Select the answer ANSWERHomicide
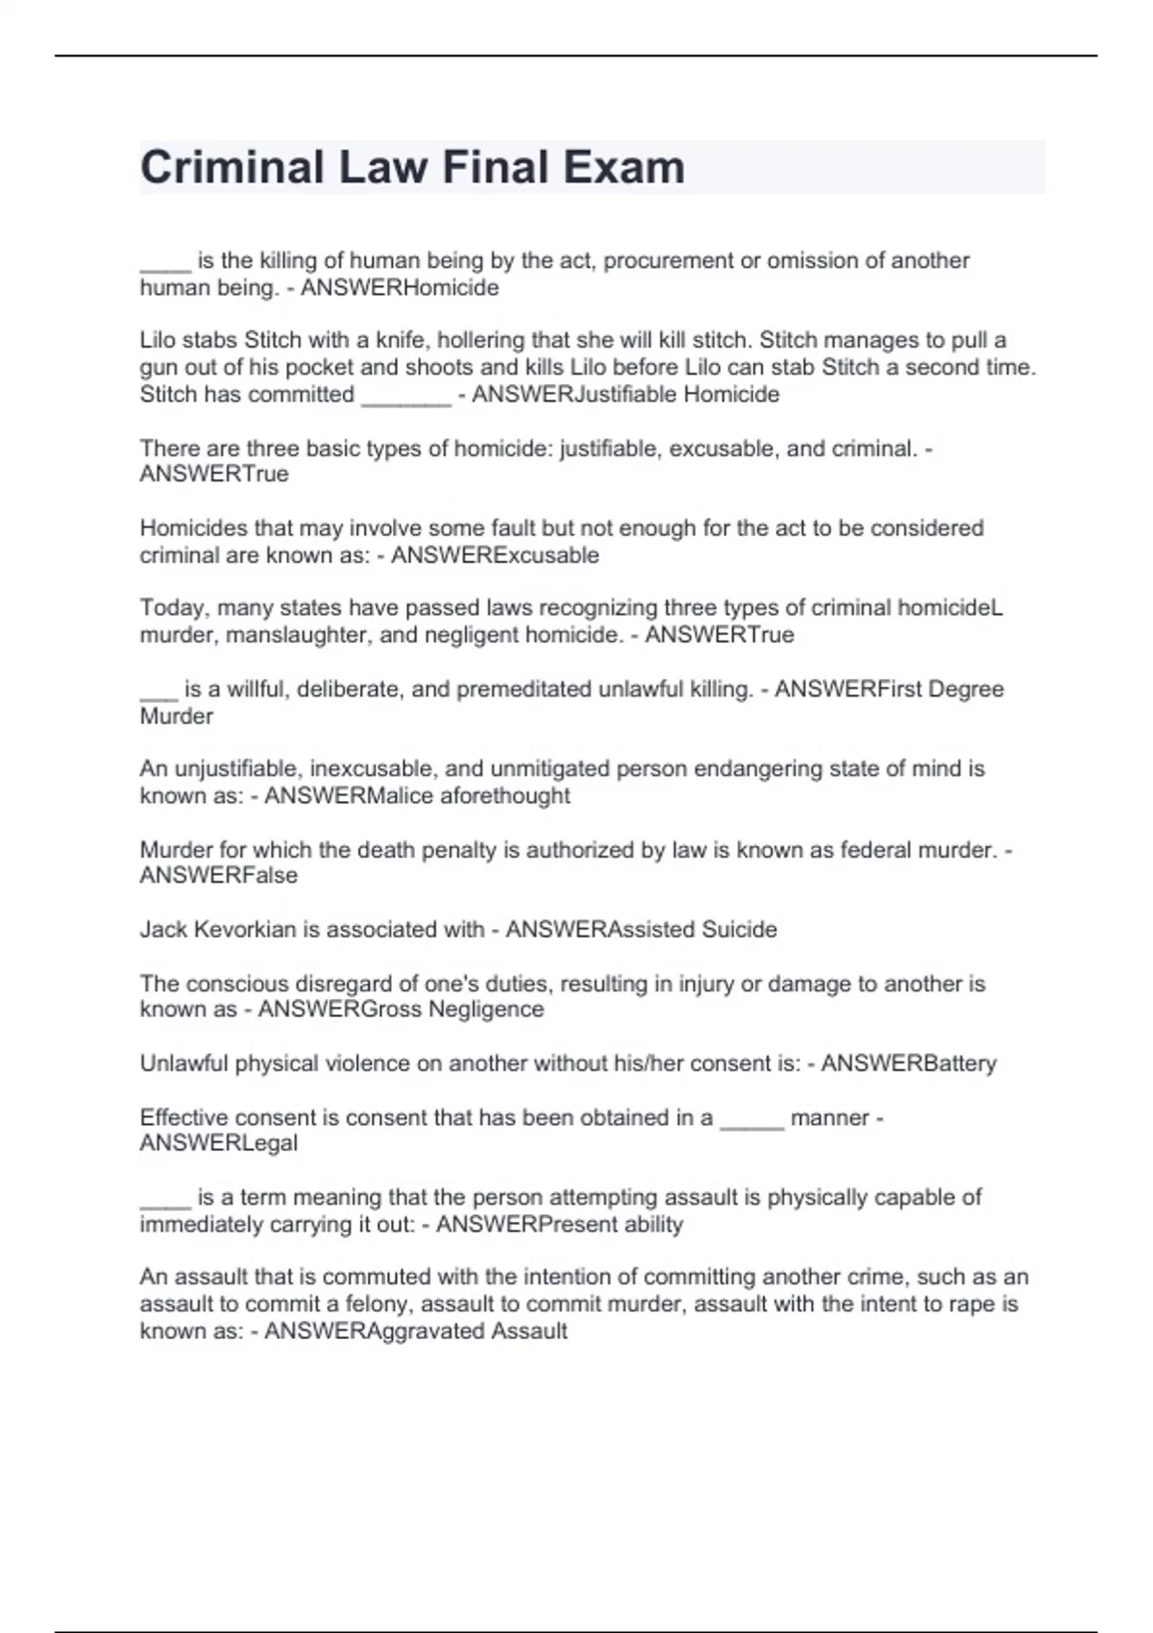[400, 288]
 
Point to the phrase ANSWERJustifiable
[574, 394]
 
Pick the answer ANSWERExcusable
[495, 555]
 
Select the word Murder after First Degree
[177, 716]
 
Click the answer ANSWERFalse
[219, 875]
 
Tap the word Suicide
[739, 929]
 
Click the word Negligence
[486, 1009]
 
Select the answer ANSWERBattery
[908, 1063]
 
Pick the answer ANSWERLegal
[219, 1143]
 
